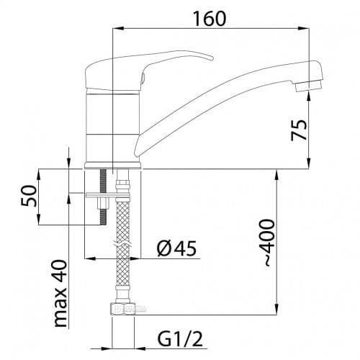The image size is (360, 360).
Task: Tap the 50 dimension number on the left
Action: click(29, 197)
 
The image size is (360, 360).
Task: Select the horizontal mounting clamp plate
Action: click(101, 194)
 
